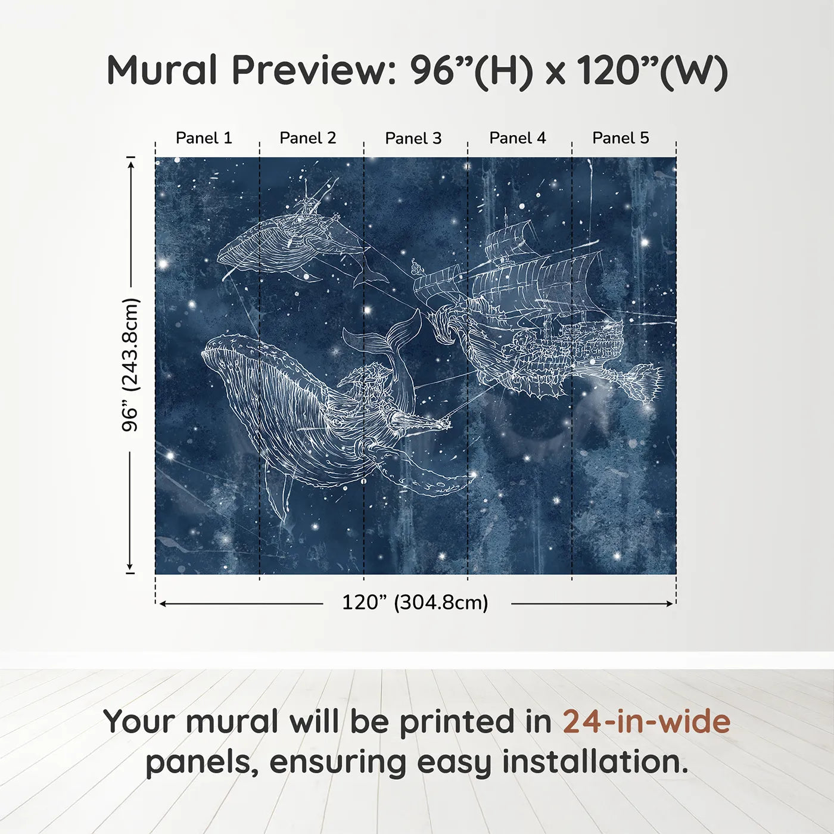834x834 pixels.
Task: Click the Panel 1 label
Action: click(x=204, y=138)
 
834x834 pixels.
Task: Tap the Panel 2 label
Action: click(x=308, y=138)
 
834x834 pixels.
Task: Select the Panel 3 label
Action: click(x=413, y=138)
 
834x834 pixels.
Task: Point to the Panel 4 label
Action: click(x=517, y=138)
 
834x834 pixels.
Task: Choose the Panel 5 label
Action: click(x=621, y=138)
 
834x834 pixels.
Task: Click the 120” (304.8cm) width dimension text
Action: click(x=415, y=603)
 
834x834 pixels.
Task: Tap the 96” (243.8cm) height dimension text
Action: click(x=130, y=365)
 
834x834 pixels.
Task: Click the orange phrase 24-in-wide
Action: click(x=646, y=721)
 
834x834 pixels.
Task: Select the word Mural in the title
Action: click(x=162, y=70)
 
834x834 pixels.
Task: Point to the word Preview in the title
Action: click(x=309, y=70)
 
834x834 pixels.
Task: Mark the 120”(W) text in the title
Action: click(x=652, y=70)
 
